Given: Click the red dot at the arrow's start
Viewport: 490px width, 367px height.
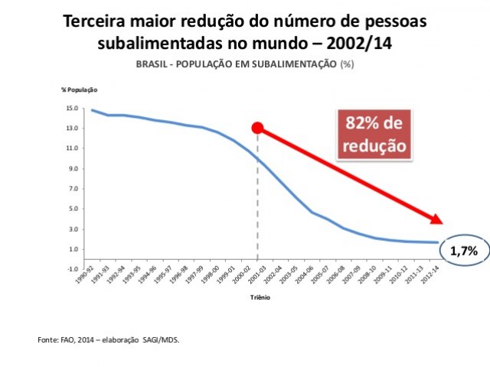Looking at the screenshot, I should pos(258,128).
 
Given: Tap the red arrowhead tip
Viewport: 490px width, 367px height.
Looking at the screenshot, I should pos(442,222).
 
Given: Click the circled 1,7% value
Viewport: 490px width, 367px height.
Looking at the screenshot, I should pos(464,250).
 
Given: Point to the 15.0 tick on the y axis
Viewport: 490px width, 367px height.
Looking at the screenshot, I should pos(73,108).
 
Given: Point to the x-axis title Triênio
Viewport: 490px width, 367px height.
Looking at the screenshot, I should pos(260,298).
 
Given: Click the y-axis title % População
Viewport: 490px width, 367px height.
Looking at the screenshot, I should pos(80,89).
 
